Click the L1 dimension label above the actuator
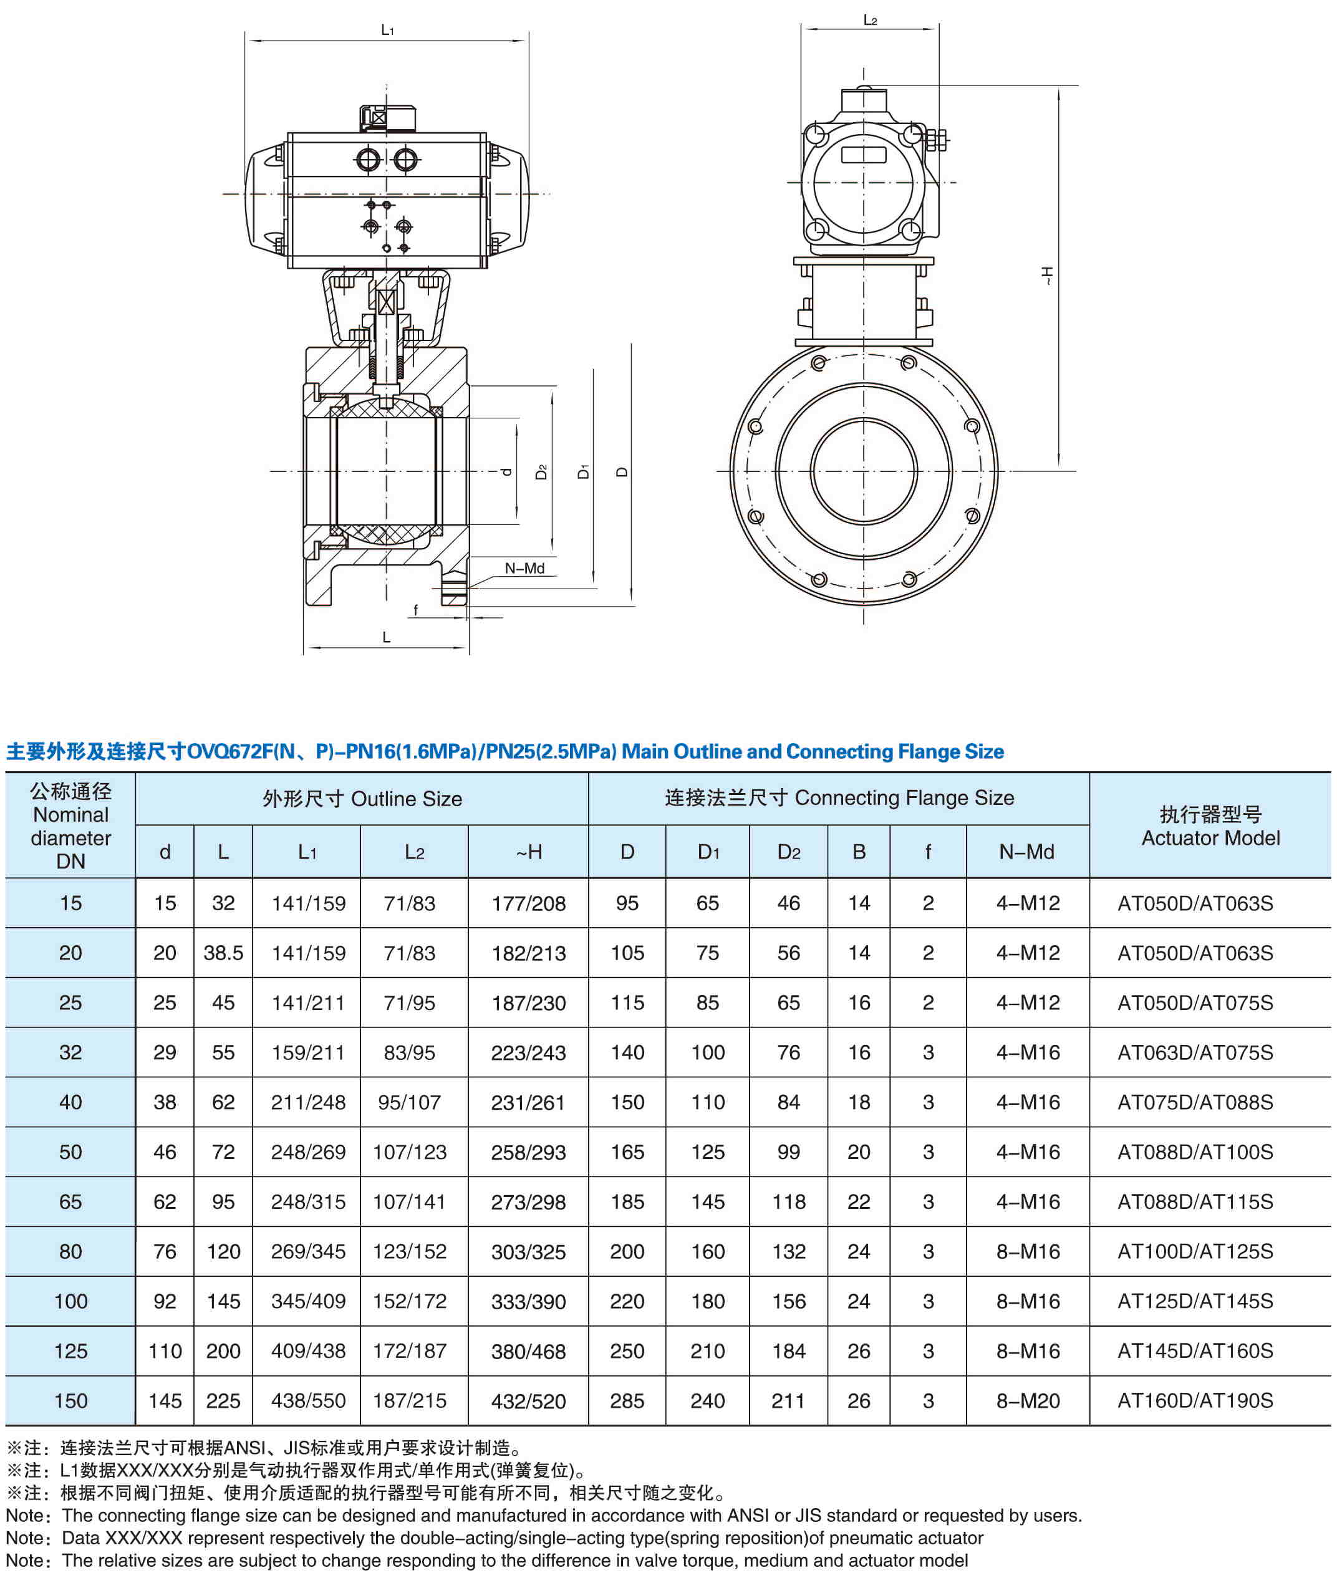[387, 29]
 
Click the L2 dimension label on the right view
[870, 20]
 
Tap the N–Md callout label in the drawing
[524, 568]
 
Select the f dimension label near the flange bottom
[415, 610]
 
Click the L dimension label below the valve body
[387, 637]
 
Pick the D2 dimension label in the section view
[541, 471]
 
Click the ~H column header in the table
[528, 852]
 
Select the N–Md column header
[1026, 852]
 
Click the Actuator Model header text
[1210, 838]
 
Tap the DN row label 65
[70, 1201]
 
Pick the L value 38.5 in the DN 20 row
[223, 953]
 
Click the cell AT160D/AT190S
[1195, 1400]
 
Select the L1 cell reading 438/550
[307, 1400]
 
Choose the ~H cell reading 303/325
[528, 1252]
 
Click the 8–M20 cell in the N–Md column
[1028, 1400]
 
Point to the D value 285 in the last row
[627, 1400]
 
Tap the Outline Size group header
[362, 799]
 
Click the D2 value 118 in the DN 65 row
[788, 1201]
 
